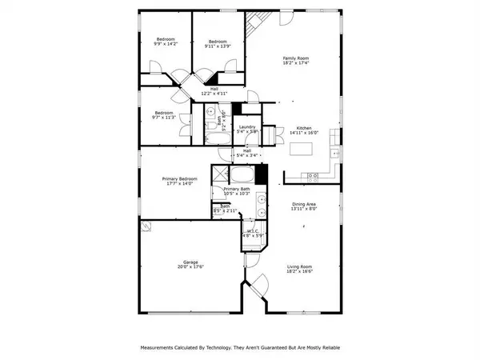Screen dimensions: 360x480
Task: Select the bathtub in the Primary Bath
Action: [x=242, y=174]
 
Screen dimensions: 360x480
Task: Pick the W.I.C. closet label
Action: [x=251, y=233]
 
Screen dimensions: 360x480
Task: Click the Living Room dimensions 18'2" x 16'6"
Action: [x=299, y=272]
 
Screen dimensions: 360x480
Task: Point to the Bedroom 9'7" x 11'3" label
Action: [x=164, y=115]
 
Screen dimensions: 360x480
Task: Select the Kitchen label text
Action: [x=304, y=128]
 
